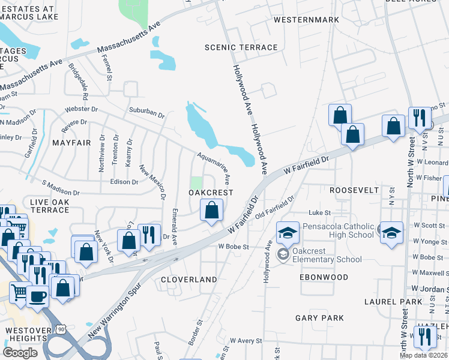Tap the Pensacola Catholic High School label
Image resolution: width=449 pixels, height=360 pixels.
(339, 231)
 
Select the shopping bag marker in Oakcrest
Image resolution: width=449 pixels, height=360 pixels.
(211, 211)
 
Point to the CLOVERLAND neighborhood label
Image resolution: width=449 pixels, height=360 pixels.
(188, 280)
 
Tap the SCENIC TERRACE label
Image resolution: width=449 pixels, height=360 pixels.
(241, 47)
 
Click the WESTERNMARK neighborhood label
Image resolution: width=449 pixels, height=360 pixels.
(306, 20)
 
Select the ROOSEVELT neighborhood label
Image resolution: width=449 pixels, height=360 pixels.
(354, 190)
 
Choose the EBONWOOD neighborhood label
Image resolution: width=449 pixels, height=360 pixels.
(325, 277)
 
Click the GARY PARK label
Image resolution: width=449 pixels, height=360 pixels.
(319, 317)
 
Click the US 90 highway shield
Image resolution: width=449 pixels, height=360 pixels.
(62, 328)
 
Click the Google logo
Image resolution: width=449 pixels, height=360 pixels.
(20, 353)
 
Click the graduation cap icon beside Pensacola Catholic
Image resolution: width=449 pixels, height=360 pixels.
(391, 233)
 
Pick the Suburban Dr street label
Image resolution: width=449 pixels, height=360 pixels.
(147, 112)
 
